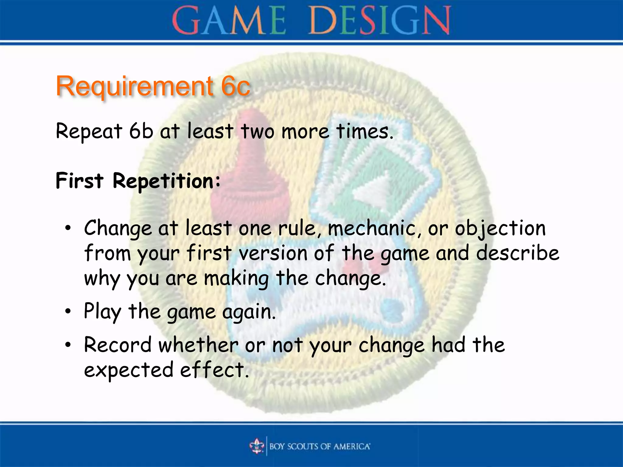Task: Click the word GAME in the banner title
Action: pos(229,21)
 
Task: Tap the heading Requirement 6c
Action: pos(153,86)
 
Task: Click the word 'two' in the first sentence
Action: pos(257,132)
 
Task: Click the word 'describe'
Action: pos(517,253)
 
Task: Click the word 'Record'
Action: pos(118,345)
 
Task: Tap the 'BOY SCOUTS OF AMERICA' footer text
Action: pos(320,446)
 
